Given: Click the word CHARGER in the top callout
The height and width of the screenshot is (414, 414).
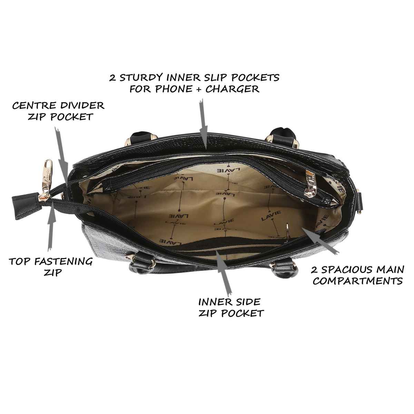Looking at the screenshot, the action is coord(233,89).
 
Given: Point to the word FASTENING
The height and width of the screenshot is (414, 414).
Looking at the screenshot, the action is coord(63,262).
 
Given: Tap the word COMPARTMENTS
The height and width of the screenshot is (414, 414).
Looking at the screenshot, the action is coord(358,281).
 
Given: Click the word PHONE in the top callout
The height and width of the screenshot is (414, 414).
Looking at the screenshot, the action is coord(173,89).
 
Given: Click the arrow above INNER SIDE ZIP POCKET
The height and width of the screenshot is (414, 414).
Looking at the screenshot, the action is coord(224,272).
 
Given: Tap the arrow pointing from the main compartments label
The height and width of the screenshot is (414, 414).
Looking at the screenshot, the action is coord(320,241).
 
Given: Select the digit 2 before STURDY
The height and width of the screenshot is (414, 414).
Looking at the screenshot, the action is coord(112,78).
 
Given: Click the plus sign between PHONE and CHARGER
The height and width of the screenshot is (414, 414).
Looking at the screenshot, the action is coord(199,89).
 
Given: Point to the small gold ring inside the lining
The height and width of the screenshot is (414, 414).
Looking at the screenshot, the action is coord(288,231).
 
